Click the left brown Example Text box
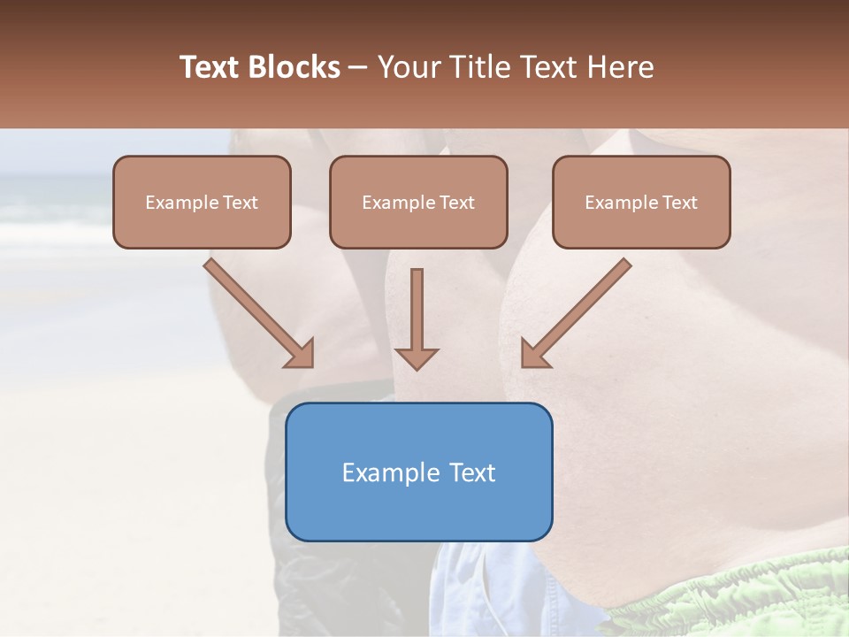point(202,203)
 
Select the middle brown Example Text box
point(418,203)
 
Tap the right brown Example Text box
point(641,203)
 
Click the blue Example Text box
point(419,472)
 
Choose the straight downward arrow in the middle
point(417,318)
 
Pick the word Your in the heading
point(408,67)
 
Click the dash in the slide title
point(358,67)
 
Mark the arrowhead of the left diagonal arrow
point(301,353)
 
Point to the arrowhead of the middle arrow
point(417,357)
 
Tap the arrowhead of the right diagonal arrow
point(534,353)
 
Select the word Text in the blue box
point(473,472)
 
